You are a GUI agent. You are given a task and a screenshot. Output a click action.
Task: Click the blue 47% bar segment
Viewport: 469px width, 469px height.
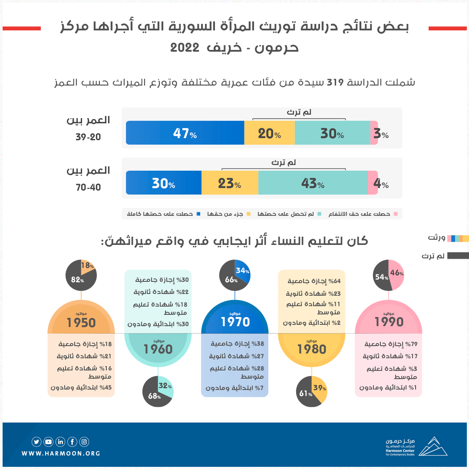click(185, 133)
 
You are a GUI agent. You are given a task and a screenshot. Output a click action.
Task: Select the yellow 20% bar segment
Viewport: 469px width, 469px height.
click(269, 133)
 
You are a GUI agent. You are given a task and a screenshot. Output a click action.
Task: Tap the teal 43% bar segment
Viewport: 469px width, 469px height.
click(313, 183)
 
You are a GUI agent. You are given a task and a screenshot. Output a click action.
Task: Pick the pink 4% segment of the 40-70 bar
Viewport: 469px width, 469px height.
click(373, 183)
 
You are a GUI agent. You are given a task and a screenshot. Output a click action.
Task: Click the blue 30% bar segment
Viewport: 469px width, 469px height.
click(163, 183)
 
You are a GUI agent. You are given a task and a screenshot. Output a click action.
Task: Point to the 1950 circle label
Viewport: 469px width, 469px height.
click(81, 322)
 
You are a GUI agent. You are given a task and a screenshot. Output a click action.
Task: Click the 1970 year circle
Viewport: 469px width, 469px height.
click(235, 321)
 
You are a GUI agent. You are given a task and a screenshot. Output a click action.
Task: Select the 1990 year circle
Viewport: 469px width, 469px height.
click(389, 321)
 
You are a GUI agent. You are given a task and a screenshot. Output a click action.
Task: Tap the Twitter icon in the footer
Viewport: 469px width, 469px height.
click(36, 442)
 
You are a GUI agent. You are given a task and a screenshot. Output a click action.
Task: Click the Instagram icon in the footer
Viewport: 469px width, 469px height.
click(84, 442)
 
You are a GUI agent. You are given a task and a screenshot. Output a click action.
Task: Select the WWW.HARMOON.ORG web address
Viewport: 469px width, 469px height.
click(61, 453)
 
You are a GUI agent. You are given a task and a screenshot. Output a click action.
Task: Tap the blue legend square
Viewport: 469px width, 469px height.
click(198, 214)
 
